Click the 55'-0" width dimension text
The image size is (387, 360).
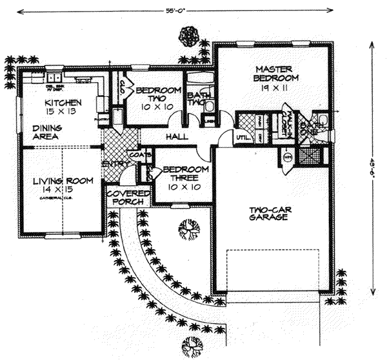coord(173,10)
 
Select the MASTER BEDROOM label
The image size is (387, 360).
coord(274,74)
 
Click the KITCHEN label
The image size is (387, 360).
coord(63,103)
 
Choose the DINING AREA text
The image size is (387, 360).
coord(46,133)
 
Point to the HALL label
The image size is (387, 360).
coord(177,137)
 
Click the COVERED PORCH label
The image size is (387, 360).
coord(128,197)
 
